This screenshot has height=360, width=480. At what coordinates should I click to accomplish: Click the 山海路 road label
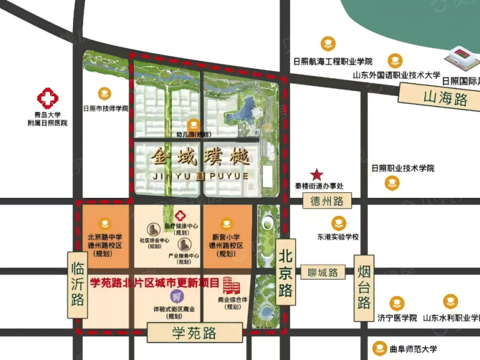445,98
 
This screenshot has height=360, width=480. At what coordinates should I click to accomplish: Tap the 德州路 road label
327,201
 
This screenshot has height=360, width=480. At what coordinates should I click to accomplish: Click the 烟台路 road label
364,283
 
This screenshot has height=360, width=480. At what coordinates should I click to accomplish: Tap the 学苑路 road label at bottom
194,333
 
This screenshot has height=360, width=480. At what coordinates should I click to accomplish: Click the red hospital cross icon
47,99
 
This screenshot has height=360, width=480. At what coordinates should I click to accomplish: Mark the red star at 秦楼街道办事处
317,174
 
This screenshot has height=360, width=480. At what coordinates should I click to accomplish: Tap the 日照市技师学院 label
106,108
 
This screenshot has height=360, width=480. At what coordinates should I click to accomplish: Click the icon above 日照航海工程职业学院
328,44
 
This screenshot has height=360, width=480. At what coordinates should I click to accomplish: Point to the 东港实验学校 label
338,237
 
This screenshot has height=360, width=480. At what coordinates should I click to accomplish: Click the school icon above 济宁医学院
397,304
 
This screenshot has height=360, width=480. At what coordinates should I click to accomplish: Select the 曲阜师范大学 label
413,349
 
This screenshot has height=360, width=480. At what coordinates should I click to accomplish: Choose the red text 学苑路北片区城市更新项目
156,282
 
